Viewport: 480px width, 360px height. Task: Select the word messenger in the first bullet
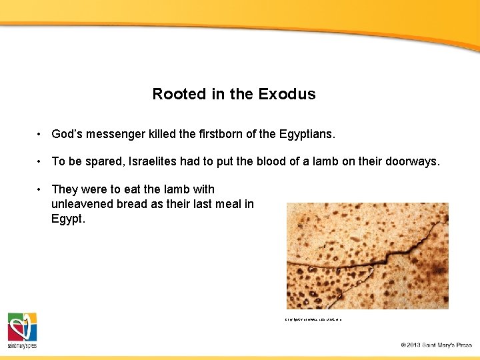(115, 135)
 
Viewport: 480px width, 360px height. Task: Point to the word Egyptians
(305, 135)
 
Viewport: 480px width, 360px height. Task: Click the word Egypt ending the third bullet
(67, 219)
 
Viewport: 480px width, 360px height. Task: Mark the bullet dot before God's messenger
(40, 135)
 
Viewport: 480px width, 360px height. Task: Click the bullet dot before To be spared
(40, 161)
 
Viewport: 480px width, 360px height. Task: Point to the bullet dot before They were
(40, 189)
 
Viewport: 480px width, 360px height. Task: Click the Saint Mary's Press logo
(22, 330)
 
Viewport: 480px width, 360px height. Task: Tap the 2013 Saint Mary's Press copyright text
(436, 345)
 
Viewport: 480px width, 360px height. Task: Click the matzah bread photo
(367, 256)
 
